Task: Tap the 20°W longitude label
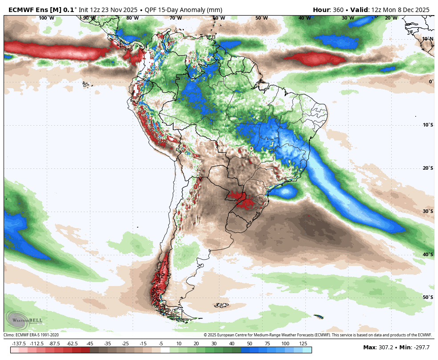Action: pos(391,18)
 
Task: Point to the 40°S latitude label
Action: pos(428,254)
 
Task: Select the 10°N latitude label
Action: pos(428,39)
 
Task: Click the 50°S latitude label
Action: pos(428,297)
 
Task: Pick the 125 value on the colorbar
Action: pos(303,344)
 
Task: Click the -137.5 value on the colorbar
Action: pos(19,344)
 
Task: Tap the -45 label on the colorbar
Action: pos(89,344)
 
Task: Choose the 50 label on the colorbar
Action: pos(249,344)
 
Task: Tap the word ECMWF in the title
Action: pos(22,10)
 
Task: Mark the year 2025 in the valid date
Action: pos(420,10)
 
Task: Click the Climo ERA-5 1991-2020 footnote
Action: pos(31,335)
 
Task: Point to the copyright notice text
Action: pos(318,335)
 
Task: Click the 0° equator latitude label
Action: pos(430,82)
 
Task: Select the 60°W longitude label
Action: pos(219,18)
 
